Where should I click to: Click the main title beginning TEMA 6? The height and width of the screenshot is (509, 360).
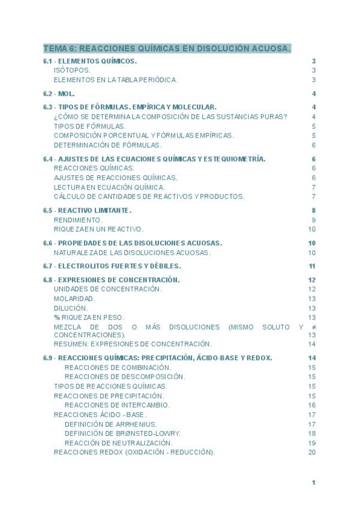click(x=167, y=48)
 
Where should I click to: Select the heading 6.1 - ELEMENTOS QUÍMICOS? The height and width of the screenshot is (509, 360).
click(x=90, y=61)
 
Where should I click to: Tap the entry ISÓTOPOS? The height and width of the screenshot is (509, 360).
click(x=72, y=70)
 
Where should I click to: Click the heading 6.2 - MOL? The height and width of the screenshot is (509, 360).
click(x=59, y=94)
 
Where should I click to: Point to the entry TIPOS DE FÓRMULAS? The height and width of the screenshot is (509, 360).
click(x=89, y=127)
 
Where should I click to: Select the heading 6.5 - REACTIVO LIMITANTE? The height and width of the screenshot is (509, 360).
click(x=87, y=211)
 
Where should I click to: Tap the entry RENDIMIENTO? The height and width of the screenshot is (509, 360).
click(x=78, y=220)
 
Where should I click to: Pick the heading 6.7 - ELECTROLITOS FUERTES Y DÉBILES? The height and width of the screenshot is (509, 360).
click(x=112, y=266)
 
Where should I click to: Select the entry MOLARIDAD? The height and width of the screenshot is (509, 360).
click(x=74, y=298)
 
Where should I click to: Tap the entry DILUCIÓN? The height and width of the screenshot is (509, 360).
click(x=71, y=308)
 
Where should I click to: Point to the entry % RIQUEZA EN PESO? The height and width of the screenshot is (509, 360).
click(x=89, y=317)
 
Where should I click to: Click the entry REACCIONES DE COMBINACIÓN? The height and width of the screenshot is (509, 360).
click(x=118, y=367)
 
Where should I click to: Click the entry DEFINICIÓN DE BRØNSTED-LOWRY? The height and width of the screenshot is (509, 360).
click(x=122, y=433)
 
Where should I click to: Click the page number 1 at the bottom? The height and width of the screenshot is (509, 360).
click(x=313, y=483)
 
